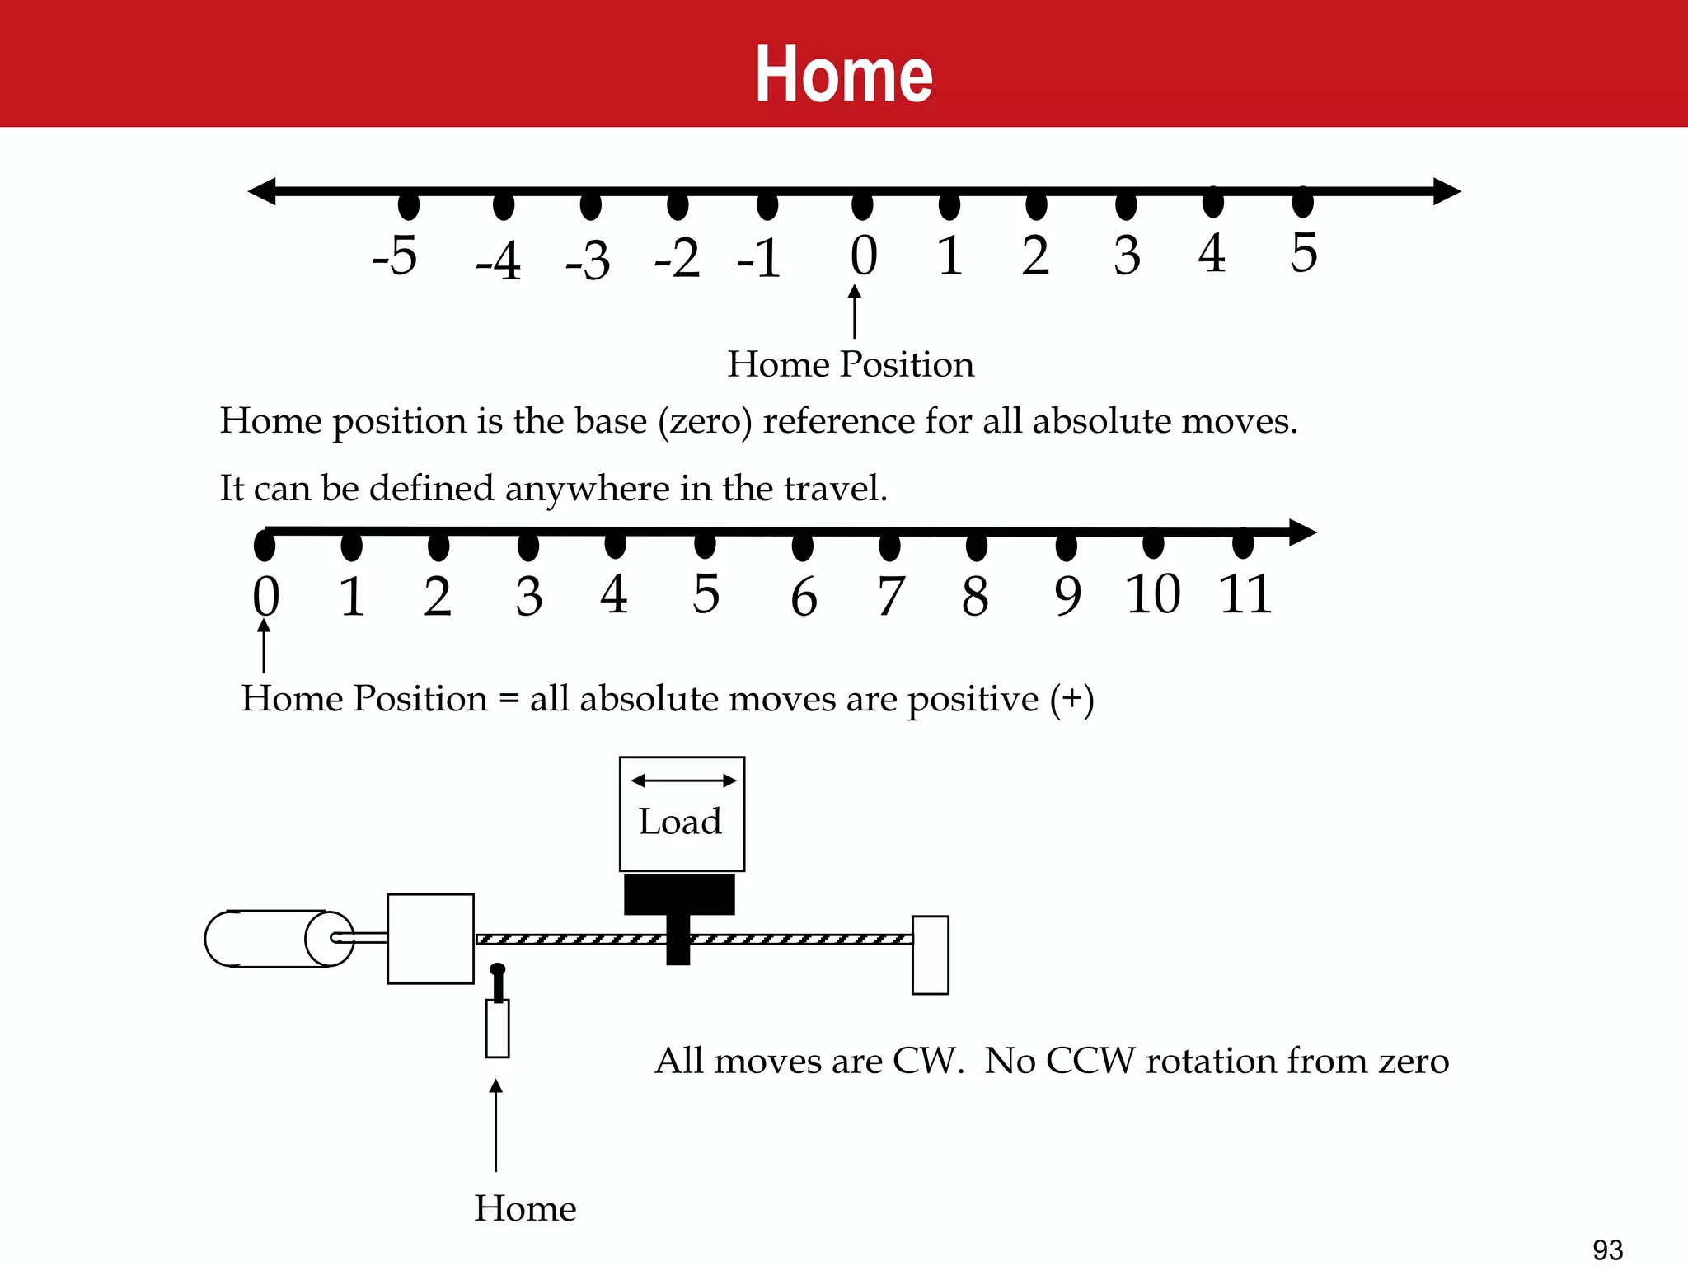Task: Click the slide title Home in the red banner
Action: tap(844, 74)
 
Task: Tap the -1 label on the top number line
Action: tap(759, 259)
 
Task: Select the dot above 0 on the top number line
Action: tap(862, 204)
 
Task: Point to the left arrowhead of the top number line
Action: tap(262, 191)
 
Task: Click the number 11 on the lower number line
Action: tap(1245, 594)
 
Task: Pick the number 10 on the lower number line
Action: tap(1153, 594)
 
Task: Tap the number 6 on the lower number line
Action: tap(804, 598)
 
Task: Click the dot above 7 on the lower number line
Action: tap(889, 546)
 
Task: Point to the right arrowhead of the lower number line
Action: tap(1302, 532)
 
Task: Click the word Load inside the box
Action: tap(680, 822)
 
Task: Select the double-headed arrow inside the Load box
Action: tap(683, 781)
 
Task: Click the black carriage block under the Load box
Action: tap(679, 895)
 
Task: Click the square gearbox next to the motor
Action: tap(430, 939)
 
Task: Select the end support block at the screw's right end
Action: tap(931, 954)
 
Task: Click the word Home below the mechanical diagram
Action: tap(525, 1209)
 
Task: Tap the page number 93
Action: tap(1608, 1250)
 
